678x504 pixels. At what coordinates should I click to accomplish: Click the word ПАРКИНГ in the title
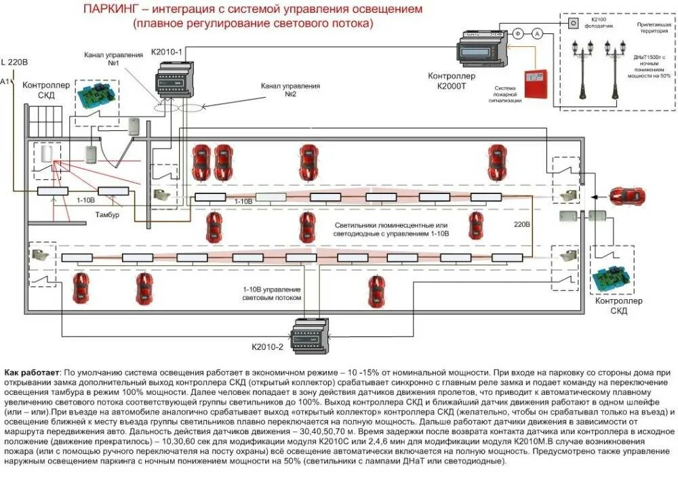point(112,9)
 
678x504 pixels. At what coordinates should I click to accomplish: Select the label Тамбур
point(107,214)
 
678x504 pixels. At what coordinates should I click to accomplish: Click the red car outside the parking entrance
point(627,196)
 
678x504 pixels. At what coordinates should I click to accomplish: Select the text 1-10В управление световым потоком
point(271,293)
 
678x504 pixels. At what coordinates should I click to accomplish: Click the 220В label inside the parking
point(521,224)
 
